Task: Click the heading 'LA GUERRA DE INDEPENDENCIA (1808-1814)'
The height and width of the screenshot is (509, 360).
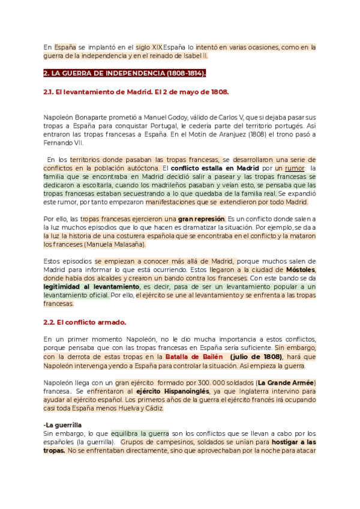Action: (125, 73)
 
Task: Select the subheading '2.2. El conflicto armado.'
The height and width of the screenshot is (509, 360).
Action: (85, 322)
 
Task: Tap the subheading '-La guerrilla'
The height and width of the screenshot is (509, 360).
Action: (62, 425)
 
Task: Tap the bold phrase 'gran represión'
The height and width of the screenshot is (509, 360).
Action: (200, 219)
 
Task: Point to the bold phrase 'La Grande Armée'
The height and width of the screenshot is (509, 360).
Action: (286, 382)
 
